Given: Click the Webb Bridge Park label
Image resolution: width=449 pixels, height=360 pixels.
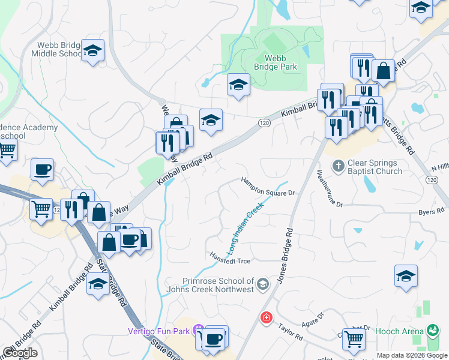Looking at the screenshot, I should (x=281, y=62).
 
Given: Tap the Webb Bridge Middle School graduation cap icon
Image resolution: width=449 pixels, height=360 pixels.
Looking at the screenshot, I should (x=93, y=52).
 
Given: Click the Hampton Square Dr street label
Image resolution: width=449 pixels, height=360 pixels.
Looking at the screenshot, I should (x=268, y=185).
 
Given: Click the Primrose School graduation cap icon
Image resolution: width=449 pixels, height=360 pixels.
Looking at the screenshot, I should (x=262, y=284).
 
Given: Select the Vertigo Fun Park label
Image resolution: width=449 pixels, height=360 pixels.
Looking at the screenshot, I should (x=158, y=331).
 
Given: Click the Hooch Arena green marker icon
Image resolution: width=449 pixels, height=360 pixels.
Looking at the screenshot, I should (x=432, y=331).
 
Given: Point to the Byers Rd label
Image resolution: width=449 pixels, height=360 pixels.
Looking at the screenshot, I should (x=431, y=212).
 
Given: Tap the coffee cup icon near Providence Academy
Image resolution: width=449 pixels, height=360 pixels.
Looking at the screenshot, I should (x=42, y=170).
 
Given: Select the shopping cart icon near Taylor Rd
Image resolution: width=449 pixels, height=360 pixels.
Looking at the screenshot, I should (x=354, y=339).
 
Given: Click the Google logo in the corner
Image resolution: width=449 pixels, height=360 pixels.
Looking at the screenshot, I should (x=20, y=353).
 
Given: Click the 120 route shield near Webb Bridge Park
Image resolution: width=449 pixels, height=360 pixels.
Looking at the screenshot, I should (x=264, y=122).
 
